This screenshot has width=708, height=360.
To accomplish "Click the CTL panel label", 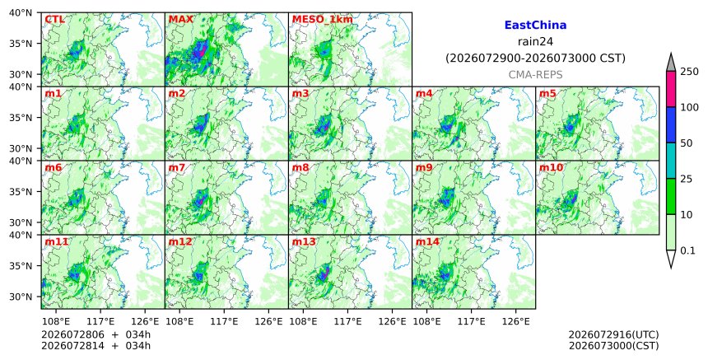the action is pos(54,20).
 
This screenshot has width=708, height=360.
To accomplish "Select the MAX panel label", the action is pos(180,20).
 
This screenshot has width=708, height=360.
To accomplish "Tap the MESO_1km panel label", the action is pos(323,20).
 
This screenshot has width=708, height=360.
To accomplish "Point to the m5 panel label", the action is pos(547,93).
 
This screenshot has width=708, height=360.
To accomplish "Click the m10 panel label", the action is pos(551,167).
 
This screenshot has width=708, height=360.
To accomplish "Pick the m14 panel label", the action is pos(427,241).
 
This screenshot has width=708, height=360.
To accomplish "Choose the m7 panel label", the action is pos(176,167).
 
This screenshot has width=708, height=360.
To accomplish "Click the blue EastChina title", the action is pos(535,26).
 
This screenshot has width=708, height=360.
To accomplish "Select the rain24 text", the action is pos(535,41).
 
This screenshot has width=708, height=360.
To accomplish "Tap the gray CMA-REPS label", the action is pos(535,74).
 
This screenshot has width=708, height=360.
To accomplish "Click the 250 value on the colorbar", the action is pos(690,72).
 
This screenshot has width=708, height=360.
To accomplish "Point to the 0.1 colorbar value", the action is pos(687,250).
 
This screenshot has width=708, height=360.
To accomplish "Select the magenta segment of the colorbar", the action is pos(670,89).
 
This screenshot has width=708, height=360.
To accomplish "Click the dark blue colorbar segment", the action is pos(670,125).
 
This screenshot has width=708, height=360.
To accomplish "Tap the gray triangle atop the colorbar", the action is pos(670,63).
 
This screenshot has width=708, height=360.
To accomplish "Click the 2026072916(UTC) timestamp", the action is pos(613,334).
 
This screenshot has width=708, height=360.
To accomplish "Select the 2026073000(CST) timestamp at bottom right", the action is pos(613,346).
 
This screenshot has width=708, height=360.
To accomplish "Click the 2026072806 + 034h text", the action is pos(95,334).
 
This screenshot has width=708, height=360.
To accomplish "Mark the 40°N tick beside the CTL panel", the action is pos(21,12).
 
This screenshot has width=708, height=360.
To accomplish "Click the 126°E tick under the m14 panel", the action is pos(516,321).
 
